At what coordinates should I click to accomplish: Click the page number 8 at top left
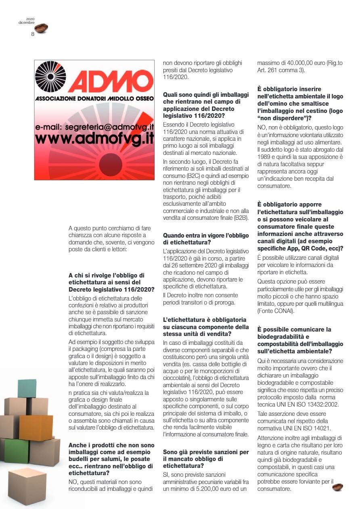[x=32, y=34]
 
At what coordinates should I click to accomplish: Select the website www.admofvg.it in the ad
[x=95, y=138]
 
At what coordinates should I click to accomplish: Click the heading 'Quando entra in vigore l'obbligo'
[x=205, y=235]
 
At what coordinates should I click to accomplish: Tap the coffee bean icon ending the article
[x=337, y=487]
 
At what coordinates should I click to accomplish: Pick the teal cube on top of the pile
[x=27, y=388]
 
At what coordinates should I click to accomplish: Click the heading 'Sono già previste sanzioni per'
[x=205, y=452]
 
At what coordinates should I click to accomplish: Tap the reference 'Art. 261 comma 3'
[x=280, y=70]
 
